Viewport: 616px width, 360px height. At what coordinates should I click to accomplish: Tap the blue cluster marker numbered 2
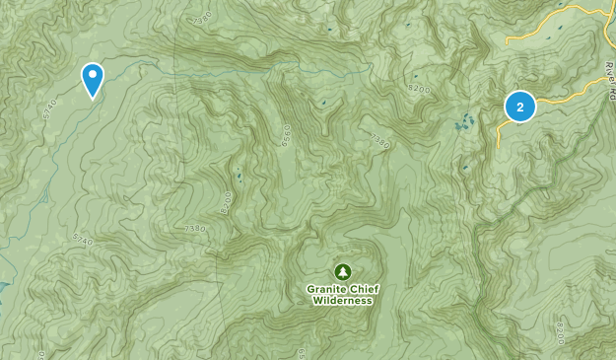[519, 107]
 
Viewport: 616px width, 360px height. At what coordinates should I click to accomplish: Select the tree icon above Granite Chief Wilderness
[342, 270]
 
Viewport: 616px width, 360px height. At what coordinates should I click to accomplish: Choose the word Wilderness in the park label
[342, 301]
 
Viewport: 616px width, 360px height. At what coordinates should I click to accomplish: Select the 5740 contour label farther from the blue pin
[83, 238]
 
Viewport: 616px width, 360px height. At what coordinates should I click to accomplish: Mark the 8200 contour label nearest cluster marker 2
[419, 89]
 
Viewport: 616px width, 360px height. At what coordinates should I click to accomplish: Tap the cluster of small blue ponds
[462, 123]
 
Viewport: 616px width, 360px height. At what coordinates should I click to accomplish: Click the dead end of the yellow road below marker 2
[499, 147]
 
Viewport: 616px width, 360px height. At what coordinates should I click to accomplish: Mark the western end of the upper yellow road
[507, 42]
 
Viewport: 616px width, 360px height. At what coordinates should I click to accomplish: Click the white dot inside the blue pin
[93, 74]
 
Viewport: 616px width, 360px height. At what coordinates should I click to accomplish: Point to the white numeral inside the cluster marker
[519, 107]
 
